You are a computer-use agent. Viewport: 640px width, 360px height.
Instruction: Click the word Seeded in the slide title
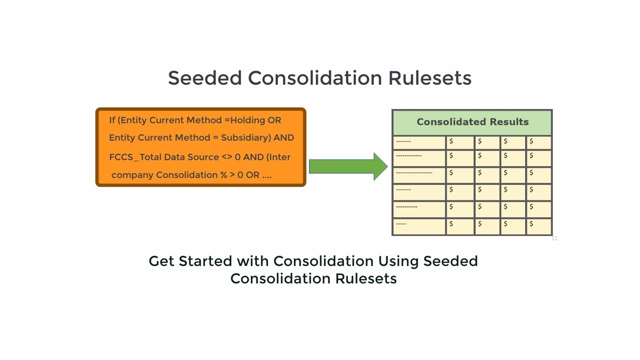click(x=204, y=78)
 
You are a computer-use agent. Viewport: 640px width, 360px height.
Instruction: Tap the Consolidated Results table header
click(x=472, y=122)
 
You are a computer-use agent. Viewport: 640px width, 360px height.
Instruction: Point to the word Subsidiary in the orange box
click(x=245, y=138)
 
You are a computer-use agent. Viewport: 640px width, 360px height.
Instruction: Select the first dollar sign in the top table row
click(x=451, y=141)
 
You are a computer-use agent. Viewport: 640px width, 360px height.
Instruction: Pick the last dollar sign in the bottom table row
click(x=531, y=224)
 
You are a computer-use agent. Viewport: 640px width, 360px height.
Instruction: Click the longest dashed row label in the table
click(x=414, y=172)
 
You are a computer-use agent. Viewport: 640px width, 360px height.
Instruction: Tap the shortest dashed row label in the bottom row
click(x=401, y=224)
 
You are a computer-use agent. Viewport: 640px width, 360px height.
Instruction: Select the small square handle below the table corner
click(x=554, y=238)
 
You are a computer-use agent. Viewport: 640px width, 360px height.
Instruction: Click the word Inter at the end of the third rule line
click(x=278, y=157)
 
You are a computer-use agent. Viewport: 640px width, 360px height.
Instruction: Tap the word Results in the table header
click(x=509, y=122)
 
